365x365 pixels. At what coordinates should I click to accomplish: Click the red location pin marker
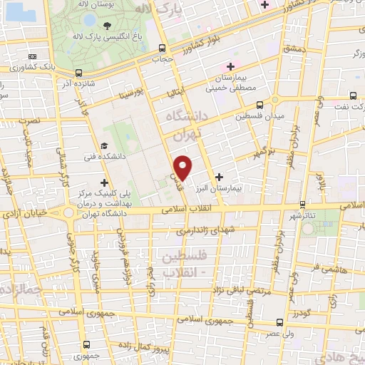click(183, 168)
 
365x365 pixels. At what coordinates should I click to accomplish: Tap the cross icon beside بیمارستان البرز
click(219, 175)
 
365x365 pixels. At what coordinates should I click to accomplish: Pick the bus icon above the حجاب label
click(163, 48)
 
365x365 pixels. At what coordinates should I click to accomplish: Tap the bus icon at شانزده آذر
click(78, 72)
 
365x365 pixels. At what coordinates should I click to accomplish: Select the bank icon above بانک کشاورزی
click(32, 56)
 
